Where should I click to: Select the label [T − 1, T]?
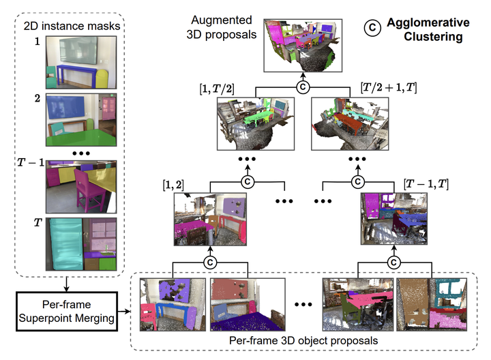coord(426,185)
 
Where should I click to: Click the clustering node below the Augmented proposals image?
coord(301,87)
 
